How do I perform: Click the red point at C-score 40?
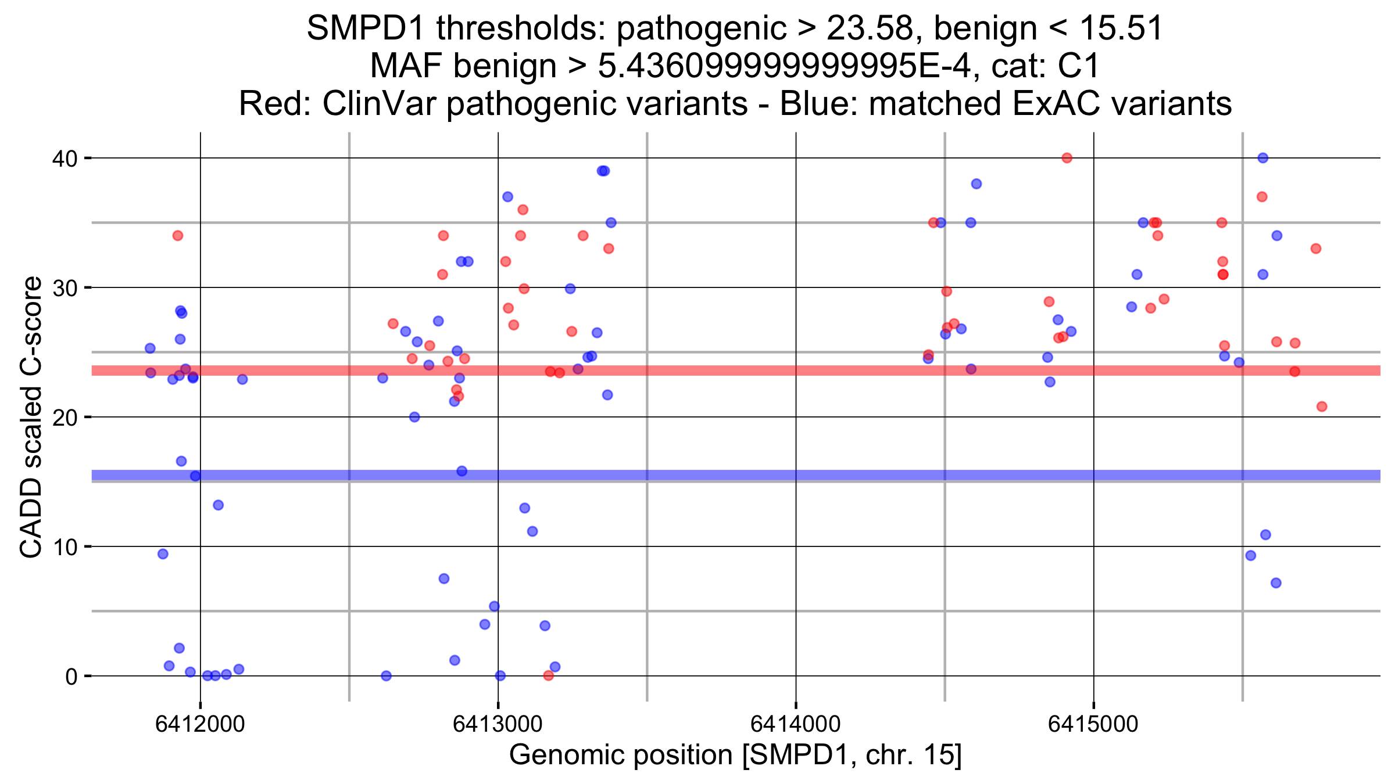pyautogui.click(x=1067, y=158)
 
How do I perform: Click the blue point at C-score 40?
pyautogui.click(x=1262, y=158)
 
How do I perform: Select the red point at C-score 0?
pyautogui.click(x=548, y=675)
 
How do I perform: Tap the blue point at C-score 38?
pyautogui.click(x=977, y=184)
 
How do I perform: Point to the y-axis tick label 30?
pyautogui.click(x=65, y=288)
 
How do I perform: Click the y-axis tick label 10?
pyautogui.click(x=65, y=547)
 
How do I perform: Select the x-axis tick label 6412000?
pyautogui.click(x=200, y=724)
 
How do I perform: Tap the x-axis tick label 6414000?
pyautogui.click(x=795, y=724)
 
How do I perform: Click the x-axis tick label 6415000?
pyautogui.click(x=1093, y=724)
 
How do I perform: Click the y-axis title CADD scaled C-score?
pyautogui.click(x=31, y=417)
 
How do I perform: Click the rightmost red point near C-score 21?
pyautogui.click(x=1322, y=407)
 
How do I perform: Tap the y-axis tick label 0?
pyautogui.click(x=71, y=677)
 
